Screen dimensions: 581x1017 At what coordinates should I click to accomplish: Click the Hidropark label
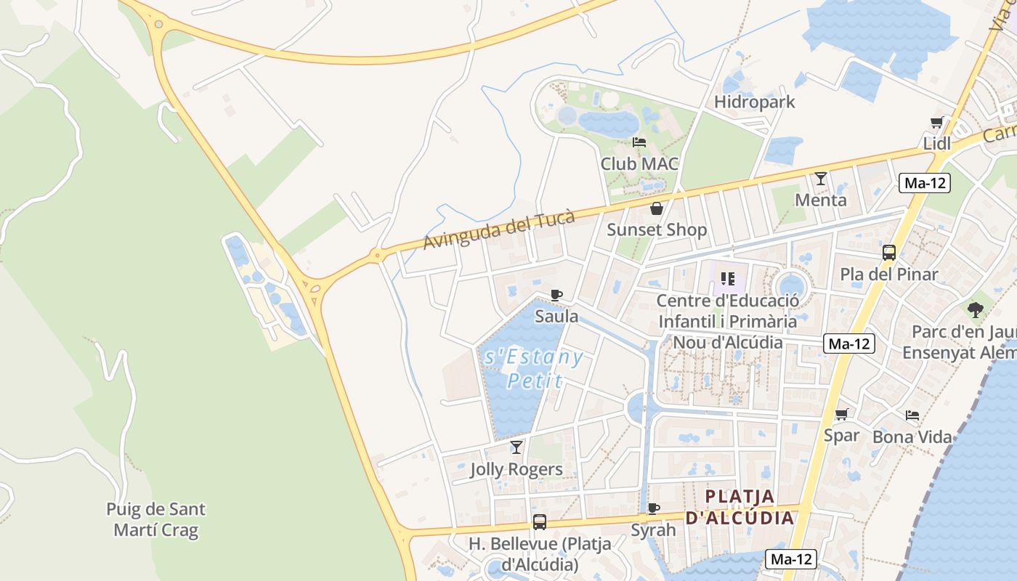click(755, 102)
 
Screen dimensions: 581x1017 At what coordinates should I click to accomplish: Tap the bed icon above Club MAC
click(639, 142)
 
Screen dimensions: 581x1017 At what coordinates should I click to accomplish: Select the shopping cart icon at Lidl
click(937, 123)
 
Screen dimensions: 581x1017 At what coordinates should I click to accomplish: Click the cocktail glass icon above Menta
click(821, 178)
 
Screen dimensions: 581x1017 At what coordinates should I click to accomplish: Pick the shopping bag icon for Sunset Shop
click(657, 209)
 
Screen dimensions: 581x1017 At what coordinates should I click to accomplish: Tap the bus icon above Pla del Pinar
click(889, 253)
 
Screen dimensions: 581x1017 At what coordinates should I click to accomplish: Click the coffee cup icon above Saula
click(556, 295)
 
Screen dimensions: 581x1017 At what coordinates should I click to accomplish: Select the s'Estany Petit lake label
click(533, 368)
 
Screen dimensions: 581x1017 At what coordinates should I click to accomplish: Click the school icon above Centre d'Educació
click(728, 279)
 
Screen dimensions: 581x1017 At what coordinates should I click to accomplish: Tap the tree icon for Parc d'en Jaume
click(976, 310)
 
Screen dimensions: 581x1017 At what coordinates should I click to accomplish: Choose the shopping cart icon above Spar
click(842, 414)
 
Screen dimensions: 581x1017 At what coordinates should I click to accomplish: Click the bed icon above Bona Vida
click(912, 415)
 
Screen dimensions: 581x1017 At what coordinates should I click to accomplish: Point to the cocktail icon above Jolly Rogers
click(516, 447)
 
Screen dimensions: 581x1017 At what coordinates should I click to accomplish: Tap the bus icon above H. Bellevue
click(540, 521)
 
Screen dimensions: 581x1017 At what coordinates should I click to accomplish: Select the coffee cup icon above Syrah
click(653, 508)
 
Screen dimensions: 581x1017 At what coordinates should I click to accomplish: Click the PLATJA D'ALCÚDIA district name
click(740, 507)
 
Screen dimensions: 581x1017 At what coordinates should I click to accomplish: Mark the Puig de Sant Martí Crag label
click(155, 519)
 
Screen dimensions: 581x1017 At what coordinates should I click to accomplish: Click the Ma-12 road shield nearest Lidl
click(925, 183)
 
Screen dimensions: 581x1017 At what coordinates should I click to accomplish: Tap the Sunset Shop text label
click(657, 230)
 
